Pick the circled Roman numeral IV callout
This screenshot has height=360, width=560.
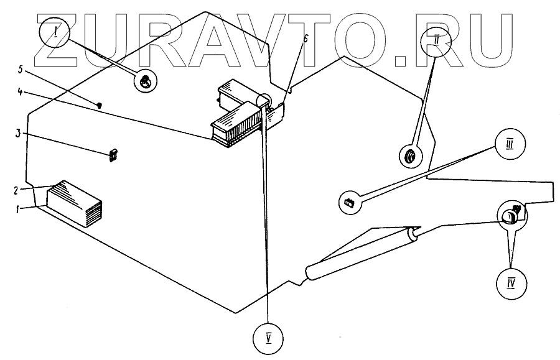pyautogui.click(x=510, y=284)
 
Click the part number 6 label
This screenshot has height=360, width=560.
pyautogui.click(x=288, y=39)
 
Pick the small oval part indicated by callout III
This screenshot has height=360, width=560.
pyautogui.click(x=348, y=201)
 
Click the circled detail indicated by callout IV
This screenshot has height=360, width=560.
pyautogui.click(x=510, y=216)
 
